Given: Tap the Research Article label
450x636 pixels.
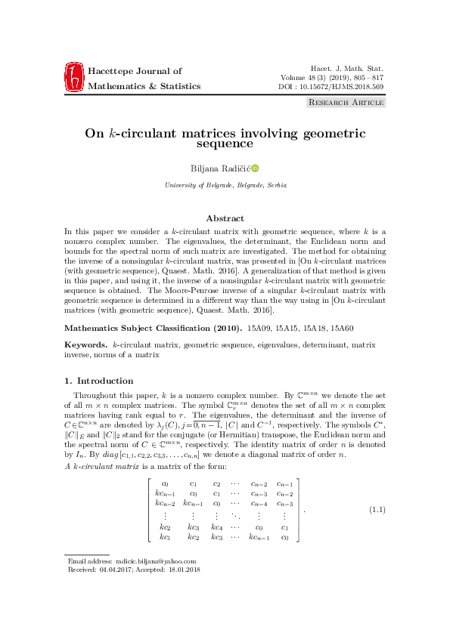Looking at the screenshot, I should (x=344, y=102).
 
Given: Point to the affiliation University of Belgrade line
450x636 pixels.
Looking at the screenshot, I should (x=225, y=185).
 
